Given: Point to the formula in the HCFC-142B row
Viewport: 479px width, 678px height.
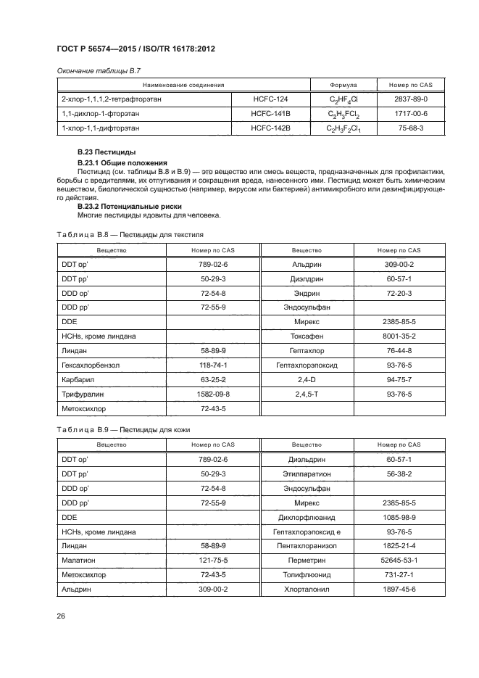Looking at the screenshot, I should [x=343, y=129].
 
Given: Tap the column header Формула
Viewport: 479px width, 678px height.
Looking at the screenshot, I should [x=343, y=85].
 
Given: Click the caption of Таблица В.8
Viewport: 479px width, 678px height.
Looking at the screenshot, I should [x=130, y=235].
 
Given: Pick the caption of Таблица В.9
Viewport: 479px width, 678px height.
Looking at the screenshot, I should [x=124, y=430].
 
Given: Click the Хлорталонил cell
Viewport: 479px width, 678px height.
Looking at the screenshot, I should [x=307, y=589].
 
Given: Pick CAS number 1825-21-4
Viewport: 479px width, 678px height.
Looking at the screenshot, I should [x=399, y=545].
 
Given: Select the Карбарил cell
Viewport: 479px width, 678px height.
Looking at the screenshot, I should [x=78, y=379].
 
